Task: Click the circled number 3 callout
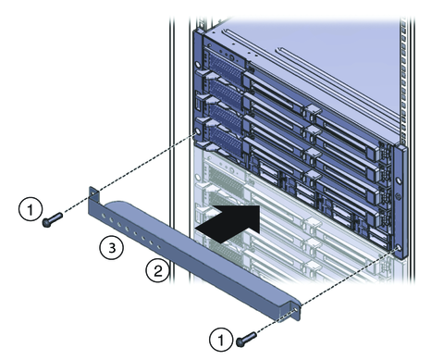point(112,247)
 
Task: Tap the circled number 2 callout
point(157,271)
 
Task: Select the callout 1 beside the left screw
point(31,209)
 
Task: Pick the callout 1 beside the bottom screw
point(221,340)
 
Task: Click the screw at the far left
point(53,218)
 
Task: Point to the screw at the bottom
point(246,339)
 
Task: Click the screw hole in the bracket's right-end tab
point(296,309)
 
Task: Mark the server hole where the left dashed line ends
point(197,131)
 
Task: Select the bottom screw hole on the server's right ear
point(399,248)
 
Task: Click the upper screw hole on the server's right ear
point(399,180)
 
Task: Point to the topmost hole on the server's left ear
point(198,65)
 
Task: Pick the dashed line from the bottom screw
point(326,292)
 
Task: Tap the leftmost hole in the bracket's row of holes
point(104,214)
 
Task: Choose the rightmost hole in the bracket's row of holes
point(159,247)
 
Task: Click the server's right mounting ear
point(401,202)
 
